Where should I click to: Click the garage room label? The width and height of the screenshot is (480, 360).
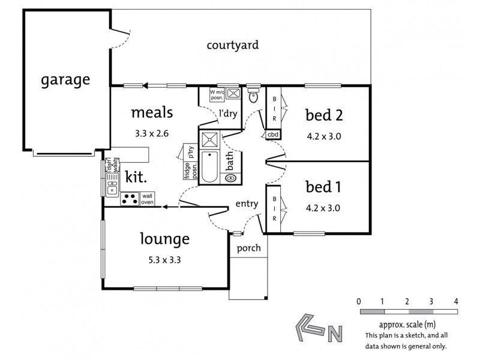[65, 80]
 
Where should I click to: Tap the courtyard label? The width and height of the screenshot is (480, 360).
[233, 45]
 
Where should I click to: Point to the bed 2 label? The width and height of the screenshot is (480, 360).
[328, 114]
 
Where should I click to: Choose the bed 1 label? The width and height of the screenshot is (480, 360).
[323, 187]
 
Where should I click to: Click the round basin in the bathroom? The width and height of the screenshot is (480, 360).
[230, 178]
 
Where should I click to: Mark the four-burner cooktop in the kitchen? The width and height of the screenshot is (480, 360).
[130, 199]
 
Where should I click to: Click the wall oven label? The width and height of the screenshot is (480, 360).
[148, 199]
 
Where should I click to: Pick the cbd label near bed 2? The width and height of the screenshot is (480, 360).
[273, 134]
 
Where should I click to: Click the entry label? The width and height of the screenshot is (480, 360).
[246, 204]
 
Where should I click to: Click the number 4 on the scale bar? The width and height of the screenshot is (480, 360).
[456, 301]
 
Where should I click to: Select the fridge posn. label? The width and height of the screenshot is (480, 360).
[187, 170]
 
